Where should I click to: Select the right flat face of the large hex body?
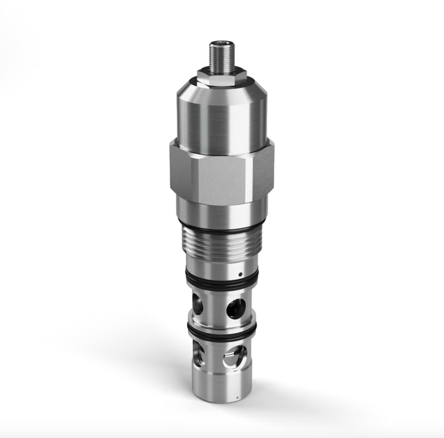pos(263,168)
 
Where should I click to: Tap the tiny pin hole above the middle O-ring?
pos(240,274)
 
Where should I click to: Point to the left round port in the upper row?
pos(198,304)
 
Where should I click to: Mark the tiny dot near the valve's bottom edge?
pos(237,398)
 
